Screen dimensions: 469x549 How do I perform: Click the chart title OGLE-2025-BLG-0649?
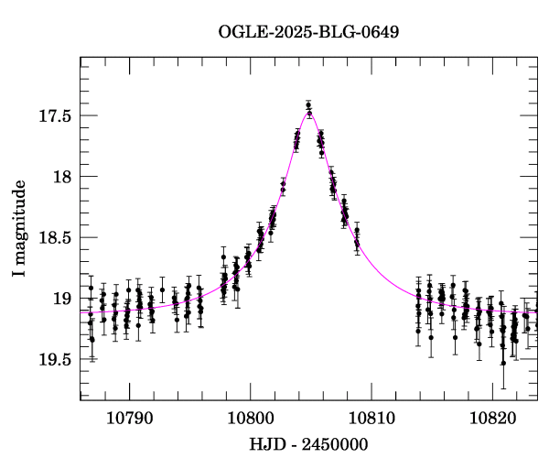coord(308,32)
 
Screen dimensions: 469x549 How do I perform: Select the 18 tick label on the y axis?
coord(62,177)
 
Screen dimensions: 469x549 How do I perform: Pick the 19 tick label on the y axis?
coord(62,299)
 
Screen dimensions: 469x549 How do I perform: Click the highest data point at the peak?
coord(309,105)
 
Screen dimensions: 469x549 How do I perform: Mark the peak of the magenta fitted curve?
coord(309,111)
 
